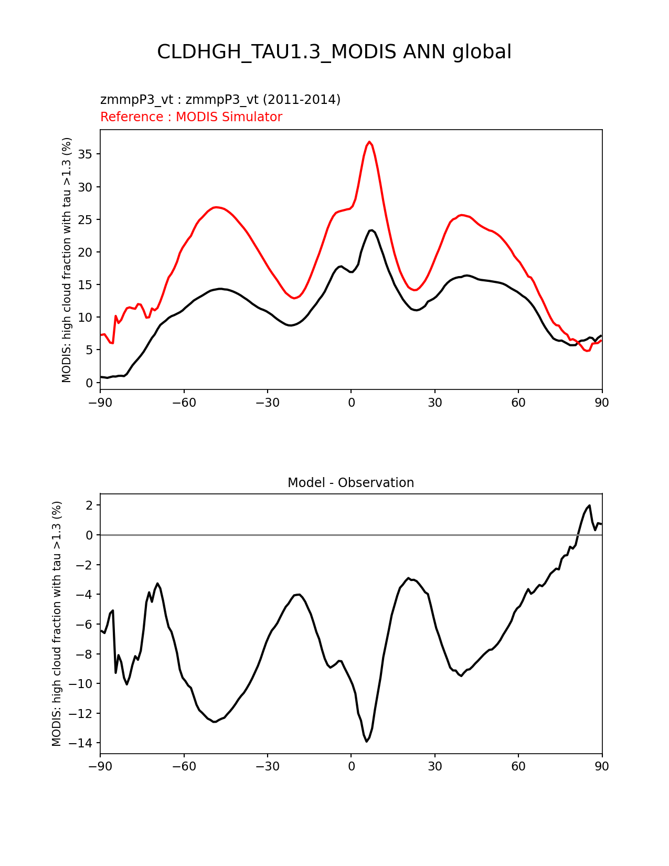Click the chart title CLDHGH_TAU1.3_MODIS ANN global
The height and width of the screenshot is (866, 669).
point(334,52)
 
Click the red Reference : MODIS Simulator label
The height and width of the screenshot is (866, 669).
point(191,117)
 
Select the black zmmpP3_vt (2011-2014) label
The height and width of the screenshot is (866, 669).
point(220,100)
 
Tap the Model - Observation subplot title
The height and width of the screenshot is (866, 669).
point(351,483)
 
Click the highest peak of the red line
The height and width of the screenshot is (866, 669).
point(369,142)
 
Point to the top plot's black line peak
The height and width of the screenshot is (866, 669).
point(371,230)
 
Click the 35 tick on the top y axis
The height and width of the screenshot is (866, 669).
point(87,154)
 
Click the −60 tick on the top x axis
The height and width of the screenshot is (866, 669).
point(184,403)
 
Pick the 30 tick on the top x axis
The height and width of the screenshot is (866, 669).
point(434,403)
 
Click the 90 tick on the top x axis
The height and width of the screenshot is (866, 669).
point(602,403)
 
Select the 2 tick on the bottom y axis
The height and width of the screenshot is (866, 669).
point(90,505)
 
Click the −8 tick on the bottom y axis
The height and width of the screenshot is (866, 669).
point(85,654)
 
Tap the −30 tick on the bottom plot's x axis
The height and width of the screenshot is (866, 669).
point(267,766)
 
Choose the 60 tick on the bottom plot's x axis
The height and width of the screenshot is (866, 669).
point(518,766)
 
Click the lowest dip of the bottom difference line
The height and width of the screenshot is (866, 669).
point(367,741)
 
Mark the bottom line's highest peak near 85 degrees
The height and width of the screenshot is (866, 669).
point(589,506)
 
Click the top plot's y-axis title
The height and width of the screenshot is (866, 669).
point(67,260)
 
